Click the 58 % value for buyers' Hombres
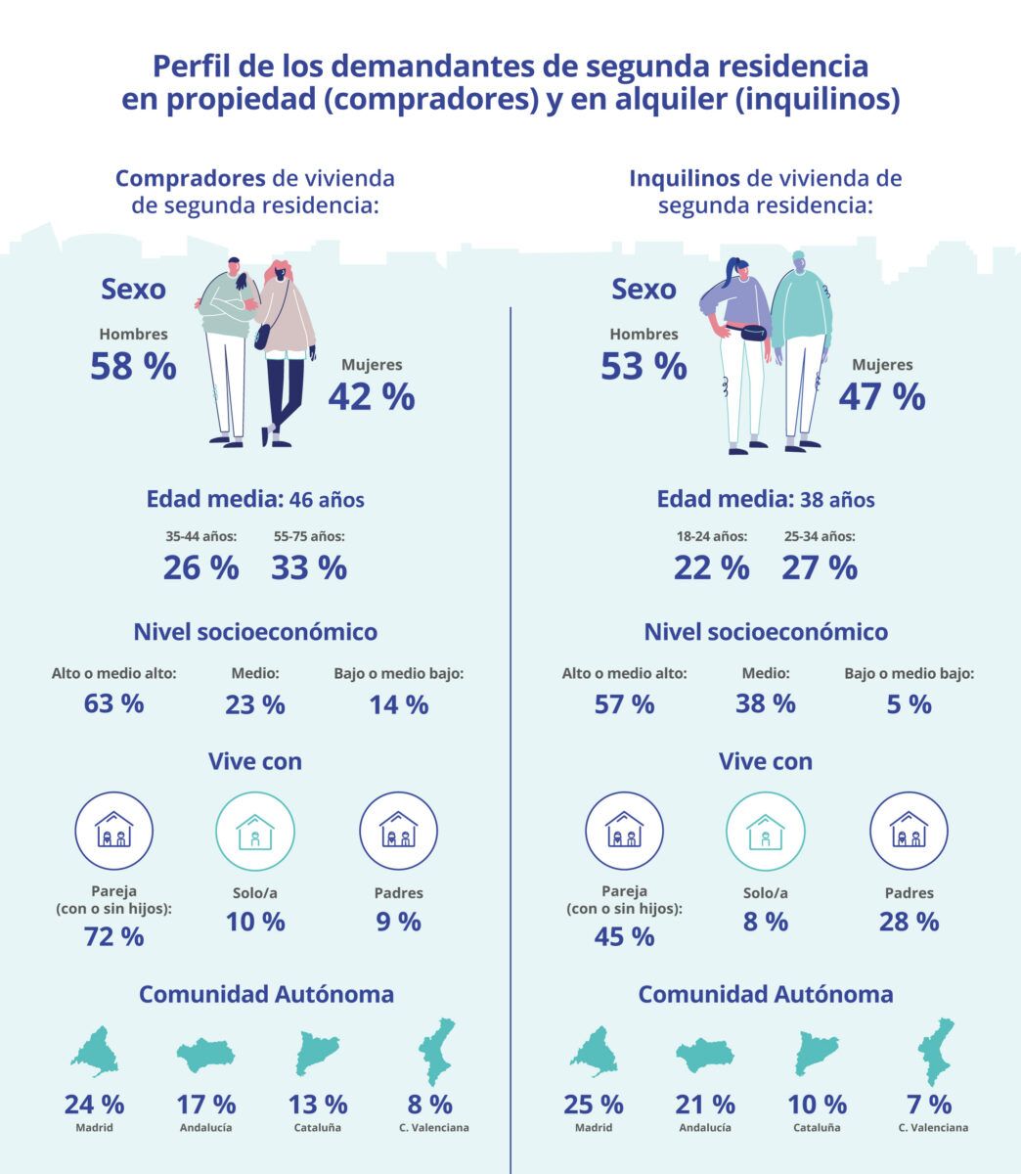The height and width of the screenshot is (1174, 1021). (x=133, y=367)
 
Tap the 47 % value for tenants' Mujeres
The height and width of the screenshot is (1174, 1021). (x=881, y=397)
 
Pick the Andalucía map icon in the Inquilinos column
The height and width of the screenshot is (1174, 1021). (x=704, y=1055)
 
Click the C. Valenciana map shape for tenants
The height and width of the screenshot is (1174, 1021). (x=935, y=1052)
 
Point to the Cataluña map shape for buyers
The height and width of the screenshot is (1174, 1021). (x=318, y=1053)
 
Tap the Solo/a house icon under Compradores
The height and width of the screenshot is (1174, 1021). (x=255, y=832)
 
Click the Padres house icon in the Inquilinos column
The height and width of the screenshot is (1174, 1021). (x=909, y=832)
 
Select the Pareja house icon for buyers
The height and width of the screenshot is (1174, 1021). (x=114, y=832)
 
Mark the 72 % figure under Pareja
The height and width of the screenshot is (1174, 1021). (x=114, y=936)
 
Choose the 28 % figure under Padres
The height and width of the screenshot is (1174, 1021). (x=909, y=921)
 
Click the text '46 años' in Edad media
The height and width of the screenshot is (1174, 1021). (x=327, y=500)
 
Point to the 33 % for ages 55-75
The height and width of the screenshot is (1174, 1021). (x=309, y=567)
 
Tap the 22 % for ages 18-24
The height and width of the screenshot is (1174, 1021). (x=711, y=567)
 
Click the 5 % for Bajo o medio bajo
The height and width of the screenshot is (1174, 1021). (x=909, y=703)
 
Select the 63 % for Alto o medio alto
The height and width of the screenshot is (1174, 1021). (x=114, y=703)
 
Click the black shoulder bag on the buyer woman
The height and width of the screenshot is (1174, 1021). (x=262, y=337)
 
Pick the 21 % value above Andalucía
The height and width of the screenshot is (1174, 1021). (x=704, y=1105)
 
